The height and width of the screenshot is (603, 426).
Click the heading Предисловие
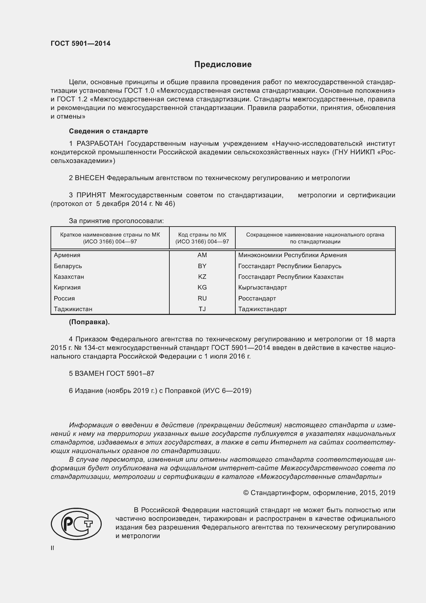(x=223, y=64)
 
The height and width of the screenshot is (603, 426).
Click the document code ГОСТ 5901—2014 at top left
(x=80, y=44)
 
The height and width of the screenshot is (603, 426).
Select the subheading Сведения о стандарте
(x=108, y=131)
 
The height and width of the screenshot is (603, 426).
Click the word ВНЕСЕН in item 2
(x=90, y=178)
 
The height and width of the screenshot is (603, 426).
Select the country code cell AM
(x=202, y=255)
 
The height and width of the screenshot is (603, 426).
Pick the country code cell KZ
(x=202, y=277)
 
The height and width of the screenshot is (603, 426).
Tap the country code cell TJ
(x=202, y=309)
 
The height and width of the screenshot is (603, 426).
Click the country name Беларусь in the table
(x=68, y=266)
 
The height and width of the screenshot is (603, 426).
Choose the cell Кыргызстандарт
(x=262, y=287)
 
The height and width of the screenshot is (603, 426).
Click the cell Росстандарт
(x=257, y=298)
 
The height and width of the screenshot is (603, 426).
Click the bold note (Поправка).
(x=89, y=322)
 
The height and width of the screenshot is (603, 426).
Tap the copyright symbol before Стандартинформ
(x=246, y=493)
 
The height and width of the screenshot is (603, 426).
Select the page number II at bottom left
(x=53, y=548)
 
